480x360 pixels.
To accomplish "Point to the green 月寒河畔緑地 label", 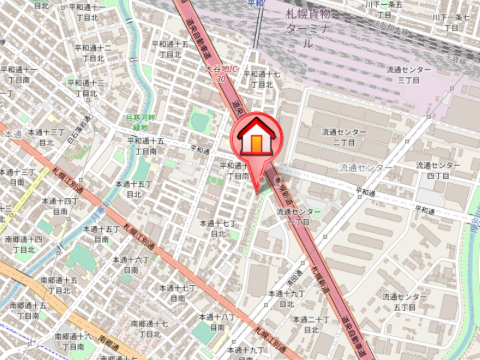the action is (141, 122).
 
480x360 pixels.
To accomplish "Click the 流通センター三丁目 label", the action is (408, 74).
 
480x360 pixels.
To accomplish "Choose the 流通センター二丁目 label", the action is (343, 137).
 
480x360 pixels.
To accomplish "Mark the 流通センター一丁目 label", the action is (299, 217).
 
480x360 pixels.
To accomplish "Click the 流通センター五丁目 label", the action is (405, 301).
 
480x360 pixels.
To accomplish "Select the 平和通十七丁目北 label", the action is (262, 79).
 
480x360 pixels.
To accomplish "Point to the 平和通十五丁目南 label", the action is (146, 146).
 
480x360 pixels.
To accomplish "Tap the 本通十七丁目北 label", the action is (218, 228).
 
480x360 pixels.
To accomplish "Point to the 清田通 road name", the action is (297, 271).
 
